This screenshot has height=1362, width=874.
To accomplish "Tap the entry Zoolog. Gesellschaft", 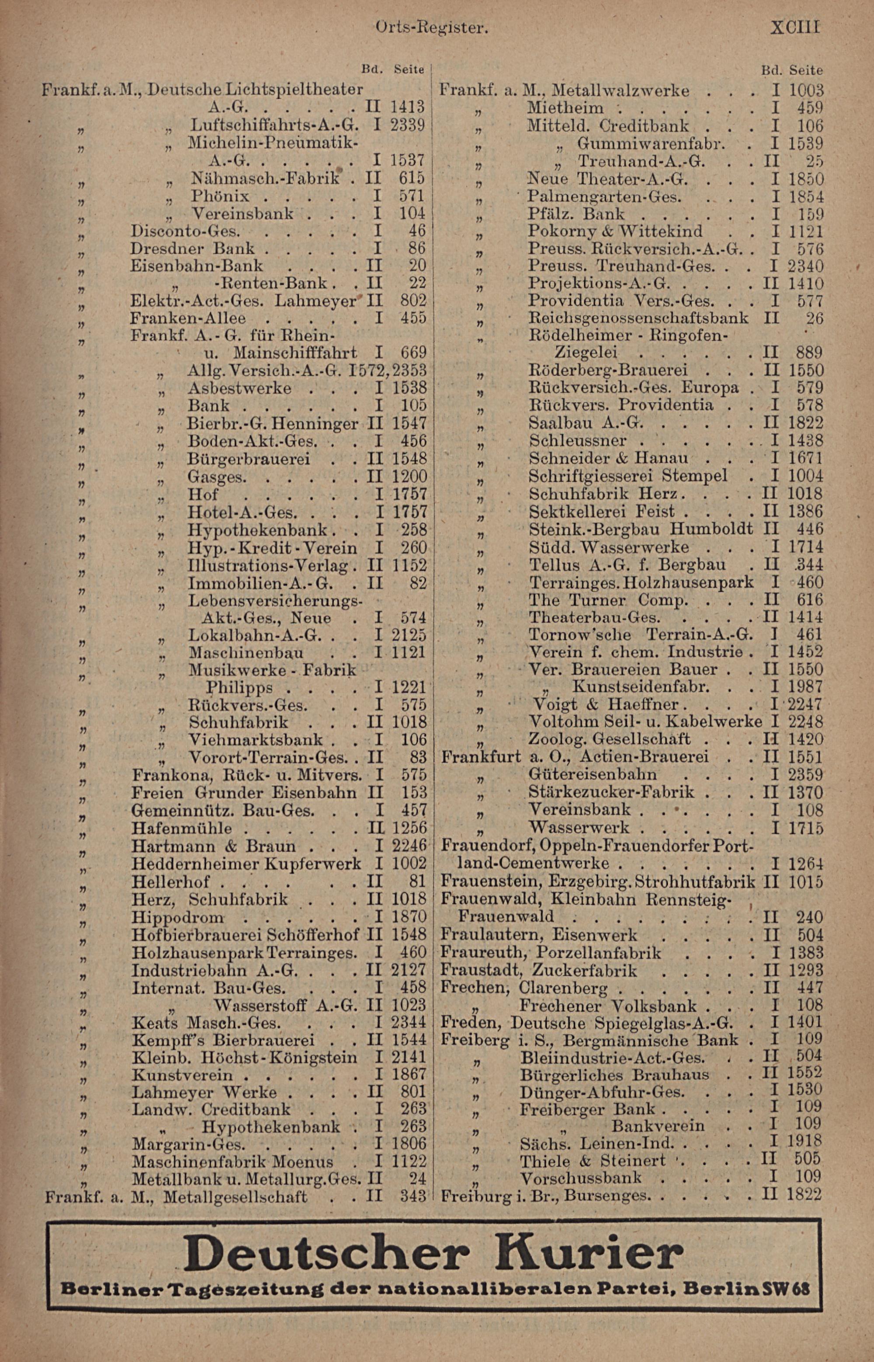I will pos(610,739).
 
